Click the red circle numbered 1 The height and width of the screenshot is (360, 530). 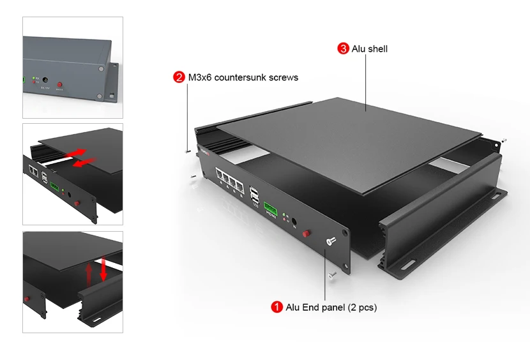[x=277, y=307]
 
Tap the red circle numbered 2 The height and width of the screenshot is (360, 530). [x=179, y=77]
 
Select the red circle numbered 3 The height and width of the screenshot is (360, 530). [x=343, y=49]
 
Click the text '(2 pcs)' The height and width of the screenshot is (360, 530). [x=362, y=307]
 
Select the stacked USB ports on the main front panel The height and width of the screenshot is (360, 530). [x=255, y=196]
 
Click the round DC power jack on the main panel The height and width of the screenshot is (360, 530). [x=294, y=221]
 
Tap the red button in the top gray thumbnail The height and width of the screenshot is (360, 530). [x=60, y=86]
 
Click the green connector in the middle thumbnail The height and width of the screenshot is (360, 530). [x=56, y=188]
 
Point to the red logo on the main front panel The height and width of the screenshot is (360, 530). [x=207, y=152]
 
